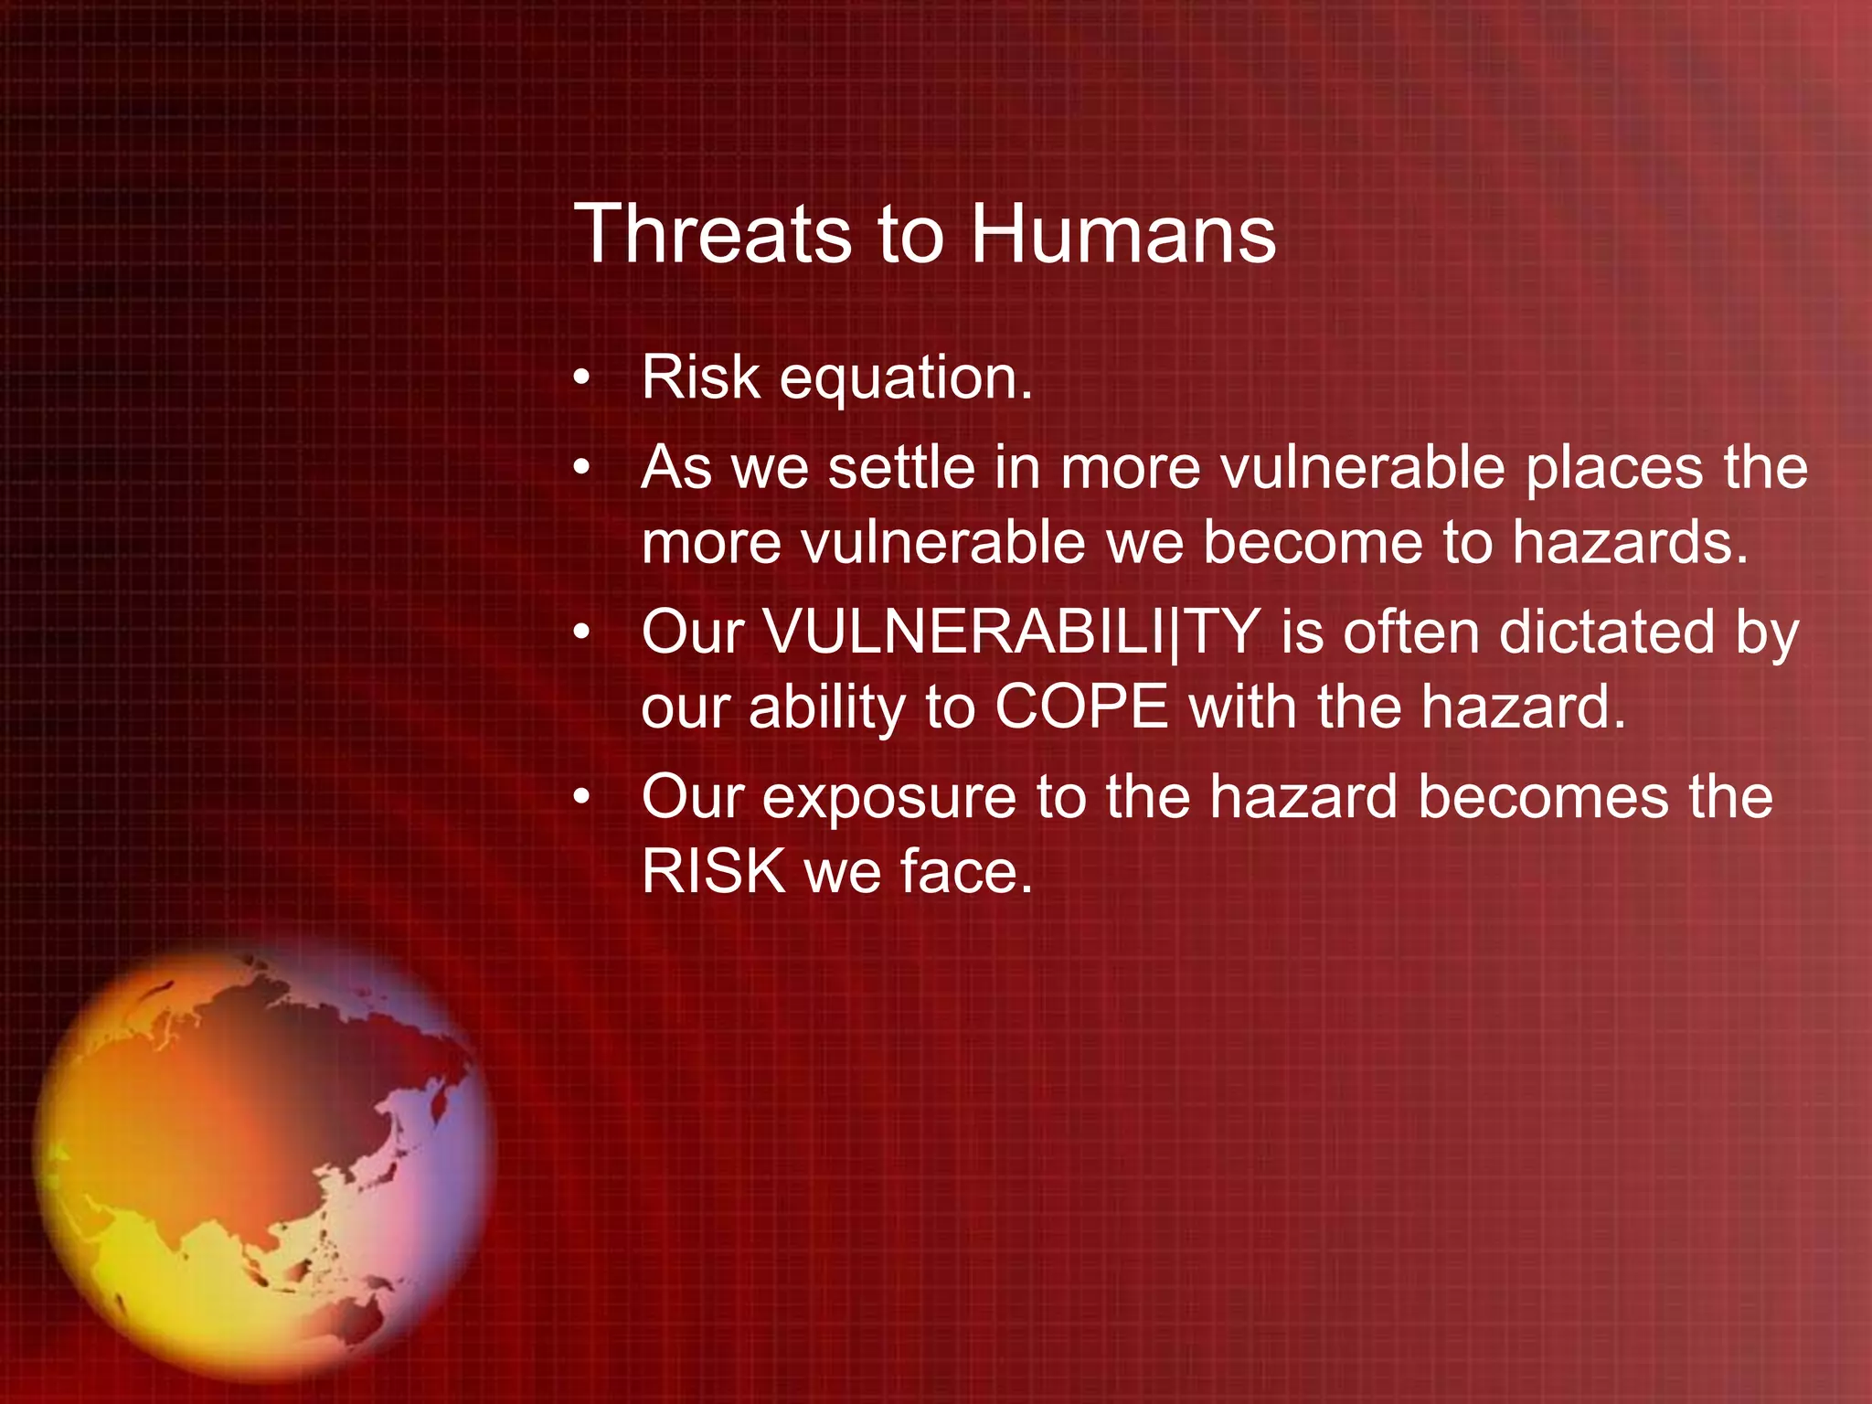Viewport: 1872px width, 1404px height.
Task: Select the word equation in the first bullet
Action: click(905, 378)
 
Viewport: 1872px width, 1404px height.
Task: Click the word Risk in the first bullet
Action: click(700, 378)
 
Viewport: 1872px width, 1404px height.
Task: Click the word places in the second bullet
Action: click(1614, 468)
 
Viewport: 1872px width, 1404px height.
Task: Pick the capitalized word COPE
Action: click(1081, 707)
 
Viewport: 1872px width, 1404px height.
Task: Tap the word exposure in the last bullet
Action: click(888, 798)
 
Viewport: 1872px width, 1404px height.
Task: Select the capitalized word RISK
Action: click(712, 871)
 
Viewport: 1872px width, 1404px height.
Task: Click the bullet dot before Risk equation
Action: click(582, 378)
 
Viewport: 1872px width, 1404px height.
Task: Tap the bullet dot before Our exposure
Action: click(582, 798)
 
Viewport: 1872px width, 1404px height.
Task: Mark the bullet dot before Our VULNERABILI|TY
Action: click(582, 633)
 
